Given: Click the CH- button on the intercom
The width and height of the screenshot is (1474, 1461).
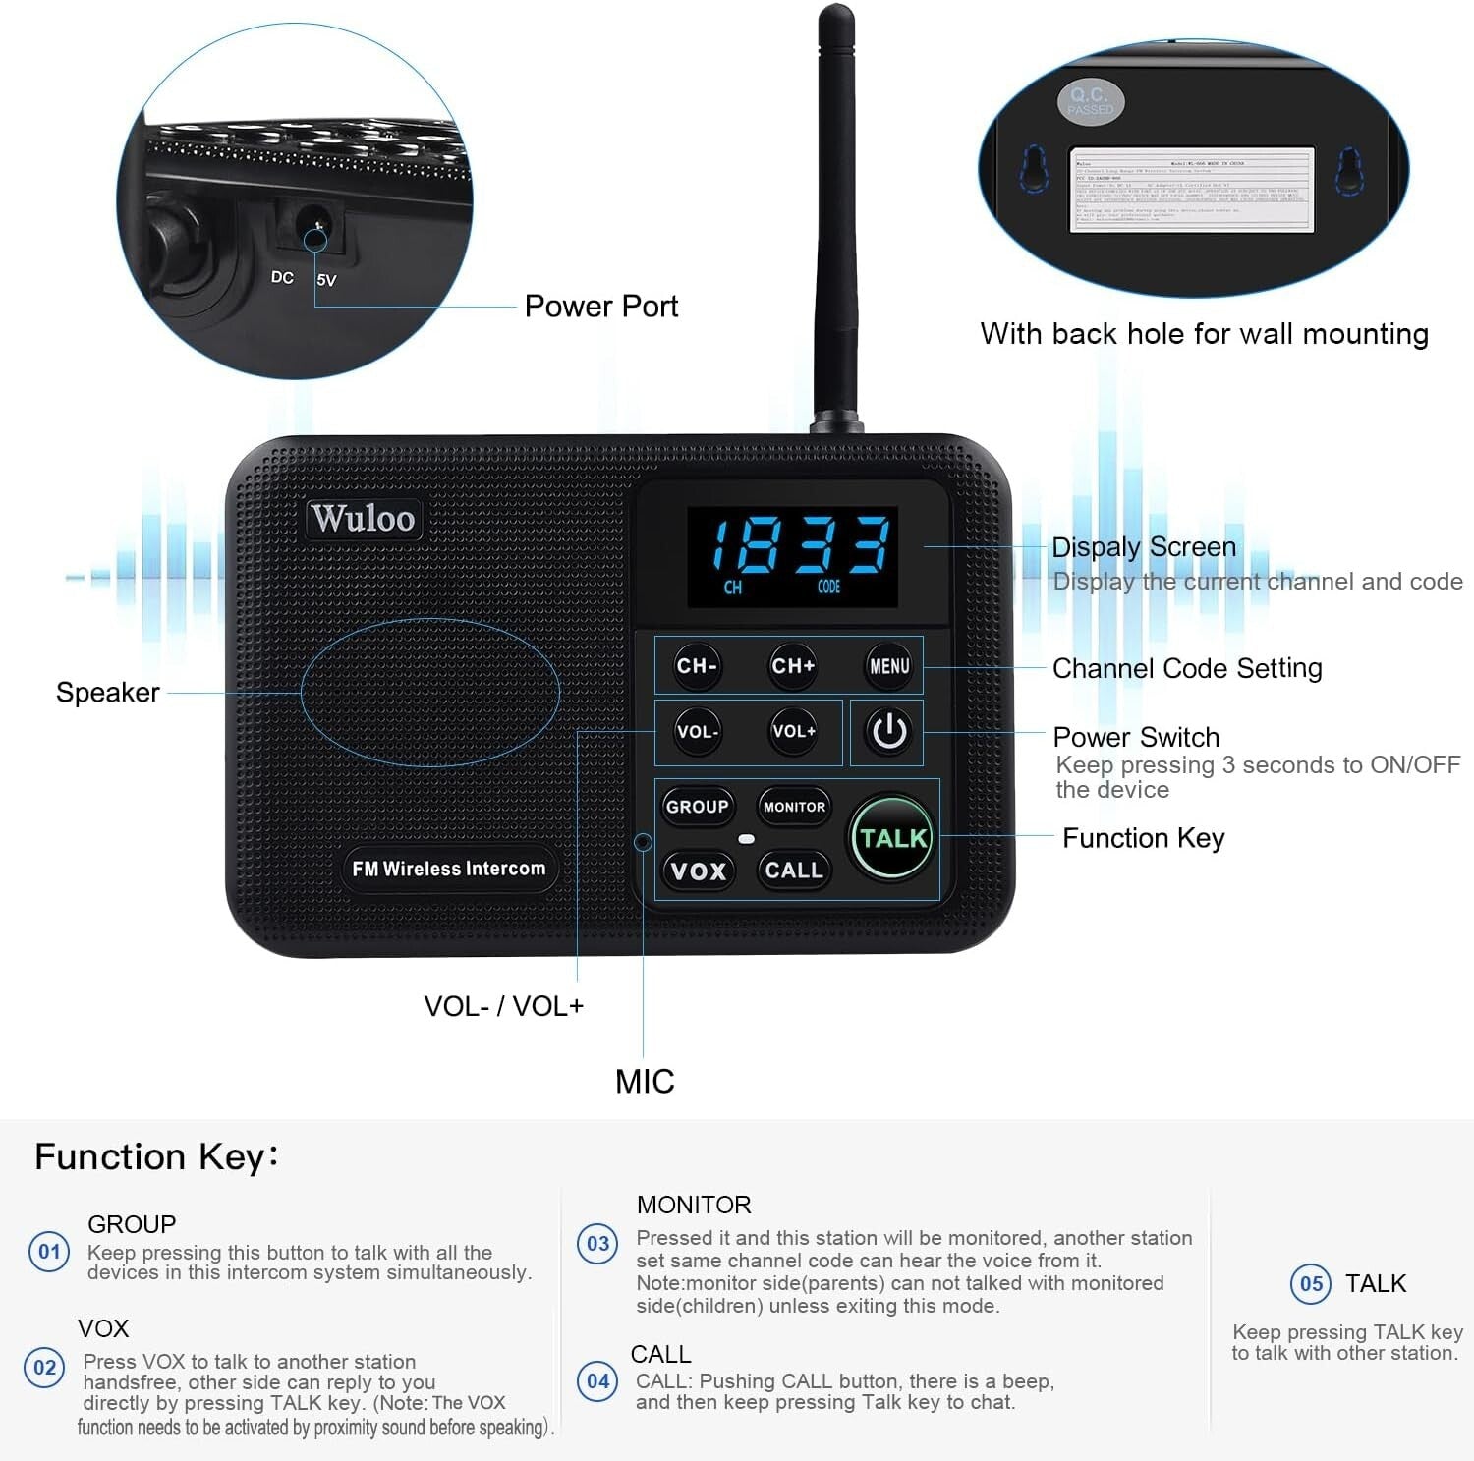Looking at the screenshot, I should click(697, 666).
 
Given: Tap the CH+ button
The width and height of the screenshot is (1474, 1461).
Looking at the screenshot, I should click(793, 666).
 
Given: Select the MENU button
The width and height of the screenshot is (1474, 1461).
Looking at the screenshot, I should click(889, 666).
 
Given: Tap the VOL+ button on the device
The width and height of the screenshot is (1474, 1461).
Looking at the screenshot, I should click(793, 732).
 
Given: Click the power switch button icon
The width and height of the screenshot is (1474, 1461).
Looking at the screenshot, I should click(889, 732).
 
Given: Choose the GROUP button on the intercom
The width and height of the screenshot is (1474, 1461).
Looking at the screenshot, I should click(697, 807).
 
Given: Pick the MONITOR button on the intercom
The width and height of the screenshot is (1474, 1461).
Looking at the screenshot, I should click(794, 807).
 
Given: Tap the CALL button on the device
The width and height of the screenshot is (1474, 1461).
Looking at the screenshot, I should click(793, 871).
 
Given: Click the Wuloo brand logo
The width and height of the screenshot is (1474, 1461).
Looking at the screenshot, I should click(363, 518).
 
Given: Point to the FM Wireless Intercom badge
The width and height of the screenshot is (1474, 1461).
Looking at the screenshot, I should click(448, 869).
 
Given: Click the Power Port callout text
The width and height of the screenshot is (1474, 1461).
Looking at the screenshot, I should click(601, 307).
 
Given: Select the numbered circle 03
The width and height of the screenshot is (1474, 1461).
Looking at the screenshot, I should click(597, 1244).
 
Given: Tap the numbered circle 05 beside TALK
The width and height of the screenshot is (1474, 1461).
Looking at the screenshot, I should click(1311, 1284).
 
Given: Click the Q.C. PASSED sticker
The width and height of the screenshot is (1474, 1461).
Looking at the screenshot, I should click(1091, 101).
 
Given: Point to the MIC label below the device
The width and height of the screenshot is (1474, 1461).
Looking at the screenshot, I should click(645, 1082).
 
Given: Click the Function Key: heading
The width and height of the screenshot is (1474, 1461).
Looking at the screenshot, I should click(156, 1157).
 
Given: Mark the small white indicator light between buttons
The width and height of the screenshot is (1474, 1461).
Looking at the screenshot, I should click(746, 839).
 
